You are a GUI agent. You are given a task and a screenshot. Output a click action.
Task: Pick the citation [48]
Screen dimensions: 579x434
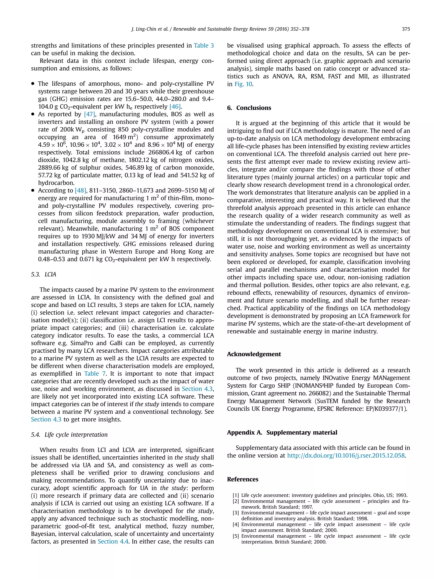pos(81,190)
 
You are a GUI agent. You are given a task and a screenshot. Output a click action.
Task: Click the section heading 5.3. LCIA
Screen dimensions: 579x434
pos(43,274)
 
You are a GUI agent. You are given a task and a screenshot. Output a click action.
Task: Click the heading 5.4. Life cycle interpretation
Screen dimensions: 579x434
pos(69,434)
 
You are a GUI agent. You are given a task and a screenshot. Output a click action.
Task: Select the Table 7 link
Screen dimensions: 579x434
pos(95,374)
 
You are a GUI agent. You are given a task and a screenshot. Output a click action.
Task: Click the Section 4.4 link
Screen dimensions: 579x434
pos(113,541)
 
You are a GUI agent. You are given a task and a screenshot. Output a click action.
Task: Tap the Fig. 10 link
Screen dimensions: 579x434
pos(243,84)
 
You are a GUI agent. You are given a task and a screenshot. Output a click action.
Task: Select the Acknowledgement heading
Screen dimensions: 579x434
pos(254,354)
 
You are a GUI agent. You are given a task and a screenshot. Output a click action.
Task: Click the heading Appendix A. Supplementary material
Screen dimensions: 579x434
pos(282,433)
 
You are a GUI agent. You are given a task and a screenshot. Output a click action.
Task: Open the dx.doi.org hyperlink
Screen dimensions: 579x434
pos(346,455)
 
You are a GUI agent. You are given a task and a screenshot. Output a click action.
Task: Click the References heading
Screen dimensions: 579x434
pos(242,479)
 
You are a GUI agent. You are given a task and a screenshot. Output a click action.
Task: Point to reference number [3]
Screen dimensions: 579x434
pos(236,513)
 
